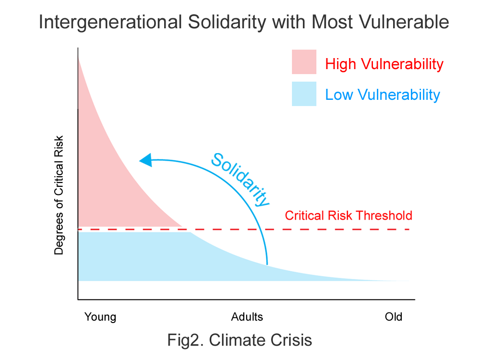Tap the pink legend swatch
click(304, 62)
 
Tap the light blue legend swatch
click(304, 94)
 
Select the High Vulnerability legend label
click(384, 64)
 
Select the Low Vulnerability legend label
click(383, 95)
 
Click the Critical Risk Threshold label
click(348, 216)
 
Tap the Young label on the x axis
click(100, 317)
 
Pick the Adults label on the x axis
click(247, 317)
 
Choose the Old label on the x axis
click(394, 317)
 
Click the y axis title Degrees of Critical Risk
click(59, 199)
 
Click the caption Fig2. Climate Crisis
click(240, 340)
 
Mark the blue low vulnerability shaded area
click(144, 257)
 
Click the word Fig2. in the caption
click(185, 340)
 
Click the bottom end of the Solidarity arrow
click(267, 263)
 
